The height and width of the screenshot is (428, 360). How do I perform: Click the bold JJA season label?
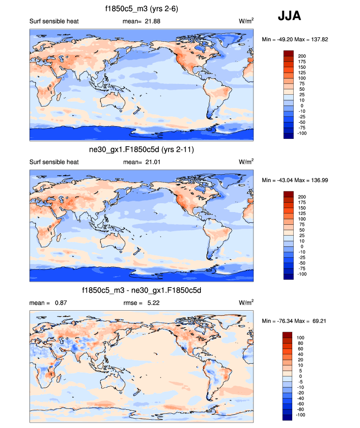tap(289, 16)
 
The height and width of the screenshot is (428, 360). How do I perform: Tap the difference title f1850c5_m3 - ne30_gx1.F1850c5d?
tap(141, 291)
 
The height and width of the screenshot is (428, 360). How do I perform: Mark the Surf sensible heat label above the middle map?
tap(54, 162)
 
